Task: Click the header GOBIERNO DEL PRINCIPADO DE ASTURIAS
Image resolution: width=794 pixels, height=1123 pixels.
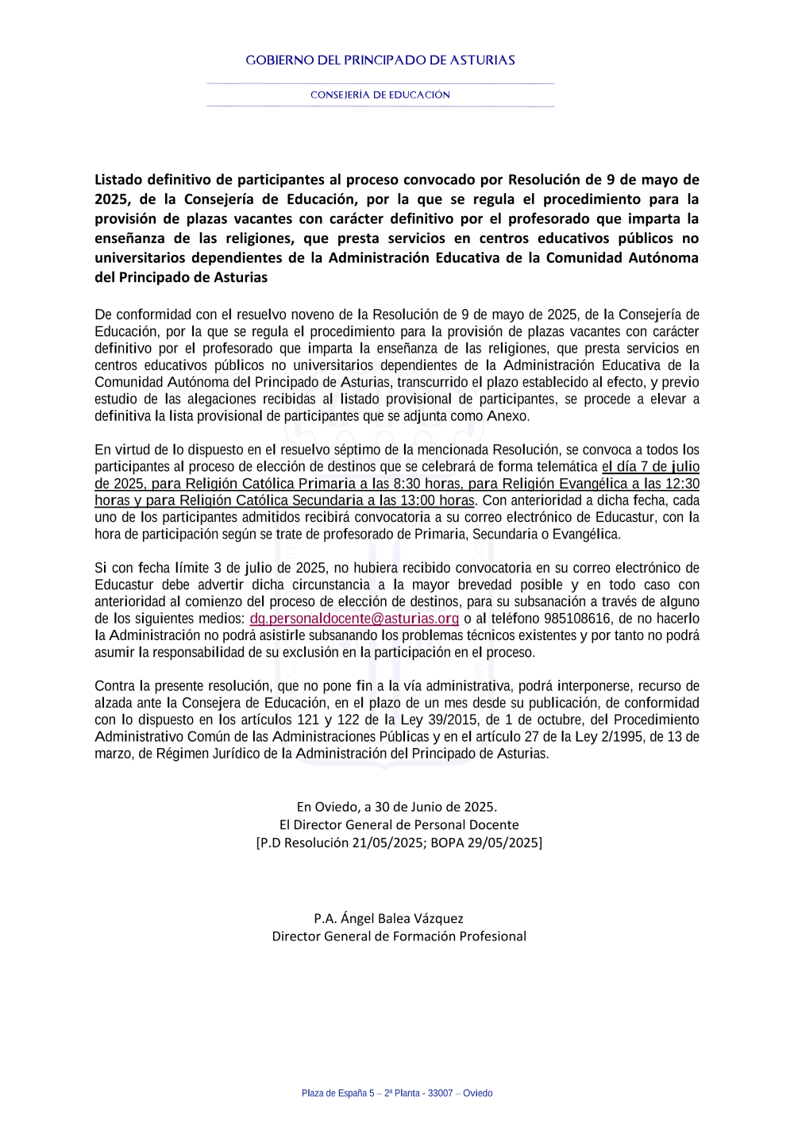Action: pos(380,60)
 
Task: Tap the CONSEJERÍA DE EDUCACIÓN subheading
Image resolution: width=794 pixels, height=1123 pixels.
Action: pos(380,95)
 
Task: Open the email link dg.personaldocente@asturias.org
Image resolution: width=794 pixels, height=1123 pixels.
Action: pos(354,619)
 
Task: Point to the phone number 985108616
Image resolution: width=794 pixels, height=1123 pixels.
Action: pos(577,619)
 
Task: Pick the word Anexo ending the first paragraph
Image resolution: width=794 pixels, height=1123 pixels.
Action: pos(507,416)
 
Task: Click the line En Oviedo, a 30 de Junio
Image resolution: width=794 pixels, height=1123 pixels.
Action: pos(397,807)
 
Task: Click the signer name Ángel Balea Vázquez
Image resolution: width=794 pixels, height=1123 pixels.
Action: pos(402,919)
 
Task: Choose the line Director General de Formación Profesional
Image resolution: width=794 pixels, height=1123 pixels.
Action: pos(399,936)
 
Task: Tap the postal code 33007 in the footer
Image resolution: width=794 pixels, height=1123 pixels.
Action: pos(440,1094)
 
